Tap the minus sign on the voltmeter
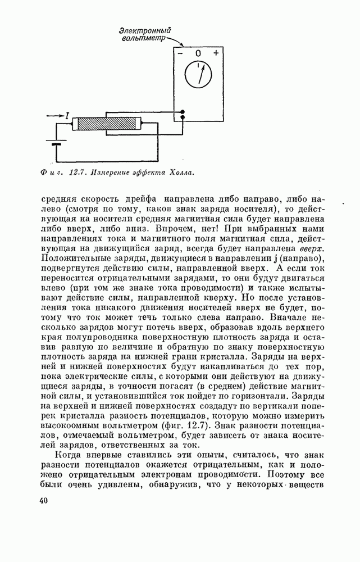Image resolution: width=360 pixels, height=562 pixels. coord(180,54)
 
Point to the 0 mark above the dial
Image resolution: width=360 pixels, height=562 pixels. coord(198,54)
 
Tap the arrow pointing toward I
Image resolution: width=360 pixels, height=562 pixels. coord(54,116)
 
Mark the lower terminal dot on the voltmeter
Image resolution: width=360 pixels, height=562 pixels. coord(183,118)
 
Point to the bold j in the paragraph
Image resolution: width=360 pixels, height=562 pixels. coord(281,258)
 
